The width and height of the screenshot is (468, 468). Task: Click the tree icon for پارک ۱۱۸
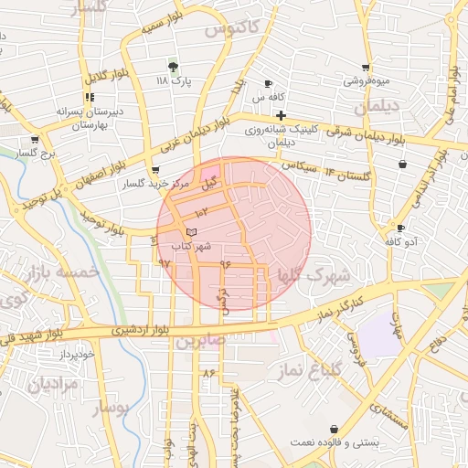(173, 66)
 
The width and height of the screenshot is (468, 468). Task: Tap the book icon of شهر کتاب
(190, 232)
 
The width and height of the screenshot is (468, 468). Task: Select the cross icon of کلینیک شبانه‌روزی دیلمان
(281, 116)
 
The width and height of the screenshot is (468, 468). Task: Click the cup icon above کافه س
(268, 83)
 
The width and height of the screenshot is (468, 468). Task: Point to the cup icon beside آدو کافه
(400, 228)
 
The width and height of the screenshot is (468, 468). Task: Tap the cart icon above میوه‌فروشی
(366, 67)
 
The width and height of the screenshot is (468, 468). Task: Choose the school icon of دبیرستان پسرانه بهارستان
(89, 97)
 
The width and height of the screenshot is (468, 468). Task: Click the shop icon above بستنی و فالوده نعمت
(335, 428)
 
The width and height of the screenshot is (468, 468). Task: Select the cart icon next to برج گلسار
(35, 140)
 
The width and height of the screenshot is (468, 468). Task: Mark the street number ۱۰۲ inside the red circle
(202, 212)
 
